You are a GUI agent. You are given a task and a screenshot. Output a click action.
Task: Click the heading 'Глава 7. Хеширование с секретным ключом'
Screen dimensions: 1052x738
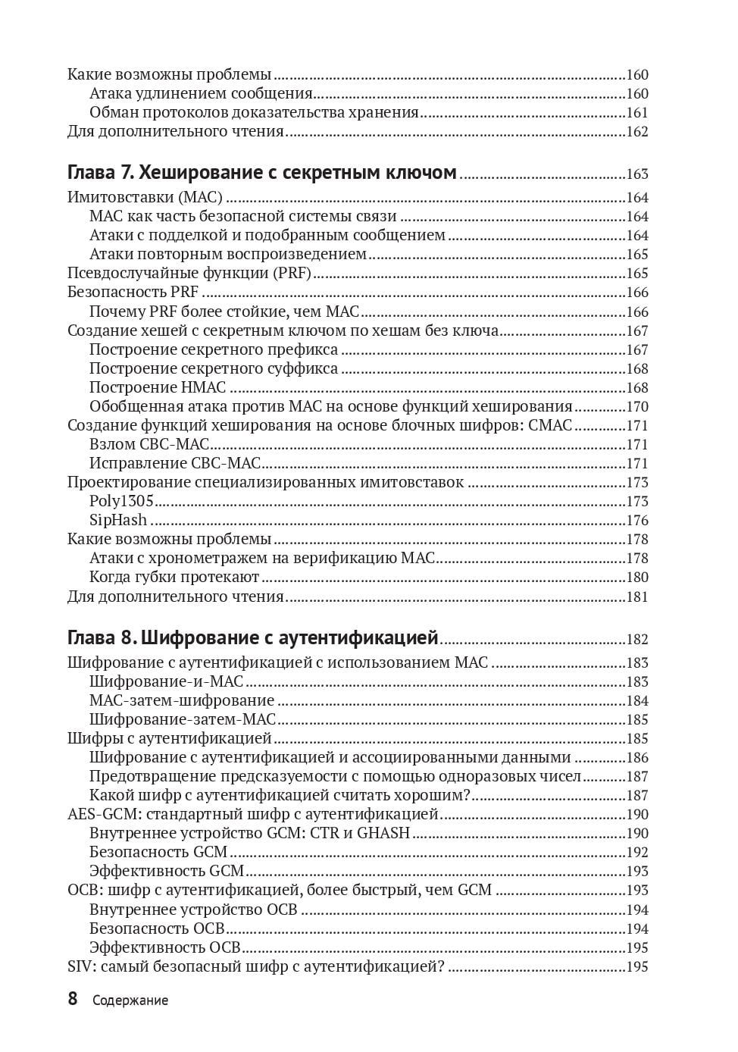pyautogui.click(x=261, y=173)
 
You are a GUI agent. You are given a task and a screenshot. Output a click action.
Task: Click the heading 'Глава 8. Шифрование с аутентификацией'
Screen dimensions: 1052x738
pyautogui.click(x=253, y=637)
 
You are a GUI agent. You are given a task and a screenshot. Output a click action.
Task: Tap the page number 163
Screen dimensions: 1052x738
pyautogui.click(x=636, y=174)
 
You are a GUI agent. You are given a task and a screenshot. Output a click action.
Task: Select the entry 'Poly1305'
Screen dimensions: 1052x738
pyautogui.click(x=121, y=501)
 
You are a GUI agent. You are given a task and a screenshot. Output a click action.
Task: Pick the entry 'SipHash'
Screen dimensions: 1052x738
pyautogui.click(x=118, y=520)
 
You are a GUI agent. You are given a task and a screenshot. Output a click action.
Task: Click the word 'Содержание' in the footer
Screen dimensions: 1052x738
pyautogui.click(x=130, y=1000)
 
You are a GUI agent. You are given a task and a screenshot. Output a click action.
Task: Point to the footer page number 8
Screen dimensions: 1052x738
pyautogui.click(x=73, y=999)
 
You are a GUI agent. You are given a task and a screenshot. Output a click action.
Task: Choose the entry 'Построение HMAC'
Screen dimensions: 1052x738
pyautogui.click(x=158, y=387)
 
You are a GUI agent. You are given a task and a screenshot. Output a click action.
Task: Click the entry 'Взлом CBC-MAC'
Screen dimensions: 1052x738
pyautogui.click(x=149, y=444)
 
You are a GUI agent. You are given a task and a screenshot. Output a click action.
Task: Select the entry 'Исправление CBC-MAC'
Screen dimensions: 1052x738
pyautogui.click(x=174, y=463)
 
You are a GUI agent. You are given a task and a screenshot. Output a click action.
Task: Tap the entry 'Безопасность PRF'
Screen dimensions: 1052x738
pyautogui.click(x=133, y=292)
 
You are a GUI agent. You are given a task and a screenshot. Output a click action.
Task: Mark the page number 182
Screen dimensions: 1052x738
pyautogui.click(x=636, y=640)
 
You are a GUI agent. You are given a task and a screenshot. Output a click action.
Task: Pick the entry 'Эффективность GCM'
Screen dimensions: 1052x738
pyautogui.click(x=167, y=871)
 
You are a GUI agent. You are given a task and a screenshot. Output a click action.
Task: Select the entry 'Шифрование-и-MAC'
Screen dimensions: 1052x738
pyautogui.click(x=166, y=681)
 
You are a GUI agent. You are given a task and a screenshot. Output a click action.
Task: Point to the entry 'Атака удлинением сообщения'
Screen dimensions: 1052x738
pyautogui.click(x=201, y=93)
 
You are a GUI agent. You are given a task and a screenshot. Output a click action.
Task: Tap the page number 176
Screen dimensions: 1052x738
pyautogui.click(x=636, y=521)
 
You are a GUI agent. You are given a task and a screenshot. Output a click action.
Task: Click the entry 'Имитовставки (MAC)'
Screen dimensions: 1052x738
pyautogui.click(x=145, y=197)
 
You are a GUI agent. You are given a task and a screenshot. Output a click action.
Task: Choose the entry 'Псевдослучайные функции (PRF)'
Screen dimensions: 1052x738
pyautogui.click(x=189, y=273)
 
